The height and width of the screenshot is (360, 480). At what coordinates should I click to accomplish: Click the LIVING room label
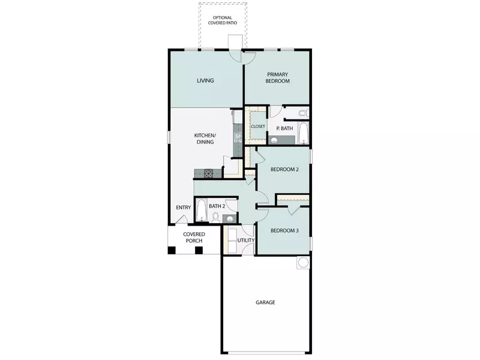[206, 80]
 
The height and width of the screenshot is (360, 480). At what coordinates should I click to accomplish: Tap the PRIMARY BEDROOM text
[278, 77]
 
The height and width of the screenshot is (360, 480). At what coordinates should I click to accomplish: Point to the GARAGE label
[265, 302]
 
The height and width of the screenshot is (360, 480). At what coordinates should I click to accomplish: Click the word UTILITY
[246, 241]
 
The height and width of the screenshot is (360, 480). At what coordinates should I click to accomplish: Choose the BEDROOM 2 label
[284, 169]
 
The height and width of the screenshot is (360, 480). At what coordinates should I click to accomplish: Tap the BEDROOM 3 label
[284, 231]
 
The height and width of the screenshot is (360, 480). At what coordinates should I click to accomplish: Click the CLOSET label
[258, 127]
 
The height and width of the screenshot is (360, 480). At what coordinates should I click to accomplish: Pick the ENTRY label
[183, 208]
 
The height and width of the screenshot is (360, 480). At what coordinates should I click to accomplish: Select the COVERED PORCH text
[194, 238]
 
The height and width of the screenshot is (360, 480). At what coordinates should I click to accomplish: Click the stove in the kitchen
[209, 174]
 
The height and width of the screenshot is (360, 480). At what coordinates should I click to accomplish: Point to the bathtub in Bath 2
[202, 211]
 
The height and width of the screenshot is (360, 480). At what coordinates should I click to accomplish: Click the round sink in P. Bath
[274, 141]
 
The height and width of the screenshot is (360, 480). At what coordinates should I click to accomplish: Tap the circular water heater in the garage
[303, 262]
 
